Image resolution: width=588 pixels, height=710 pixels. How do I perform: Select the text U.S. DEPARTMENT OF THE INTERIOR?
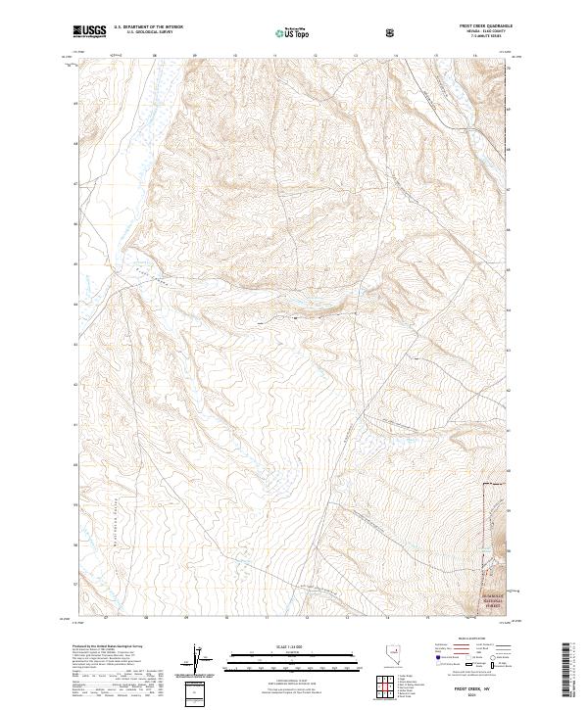(144, 28)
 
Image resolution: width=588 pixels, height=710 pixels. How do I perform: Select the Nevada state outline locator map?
(365, 658)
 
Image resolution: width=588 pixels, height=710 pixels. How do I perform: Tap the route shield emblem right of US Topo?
(392, 32)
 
